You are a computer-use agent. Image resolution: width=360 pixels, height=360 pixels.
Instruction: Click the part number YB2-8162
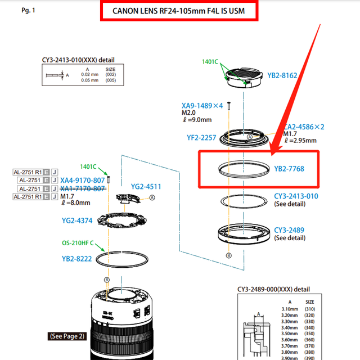pos(282,75)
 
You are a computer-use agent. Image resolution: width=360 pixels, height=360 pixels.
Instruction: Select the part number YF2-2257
pos(201,137)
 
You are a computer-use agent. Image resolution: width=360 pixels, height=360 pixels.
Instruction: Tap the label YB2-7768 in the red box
pos(289,168)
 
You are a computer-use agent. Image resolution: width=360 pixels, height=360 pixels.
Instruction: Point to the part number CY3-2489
pos(289,229)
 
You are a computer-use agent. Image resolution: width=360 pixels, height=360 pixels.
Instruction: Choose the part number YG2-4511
pos(146,186)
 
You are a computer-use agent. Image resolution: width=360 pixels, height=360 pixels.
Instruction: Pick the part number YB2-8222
pos(77,259)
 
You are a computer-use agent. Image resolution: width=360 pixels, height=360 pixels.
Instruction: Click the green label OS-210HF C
pos(82,244)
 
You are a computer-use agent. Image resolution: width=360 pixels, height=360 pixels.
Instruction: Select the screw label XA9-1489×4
pos(202,105)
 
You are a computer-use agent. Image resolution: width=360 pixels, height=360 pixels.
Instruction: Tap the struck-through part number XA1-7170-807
pos(83,189)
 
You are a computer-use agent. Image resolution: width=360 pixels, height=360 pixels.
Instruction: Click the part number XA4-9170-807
pos(83,180)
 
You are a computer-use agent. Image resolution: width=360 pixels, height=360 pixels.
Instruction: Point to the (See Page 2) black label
pos(67,336)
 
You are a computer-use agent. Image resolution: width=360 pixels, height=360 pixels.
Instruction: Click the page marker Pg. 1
pos(28,11)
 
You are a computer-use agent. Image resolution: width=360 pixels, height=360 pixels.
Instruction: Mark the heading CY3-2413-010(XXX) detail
pos(78,58)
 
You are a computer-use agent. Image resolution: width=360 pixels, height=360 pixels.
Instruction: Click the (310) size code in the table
pos(309,309)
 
